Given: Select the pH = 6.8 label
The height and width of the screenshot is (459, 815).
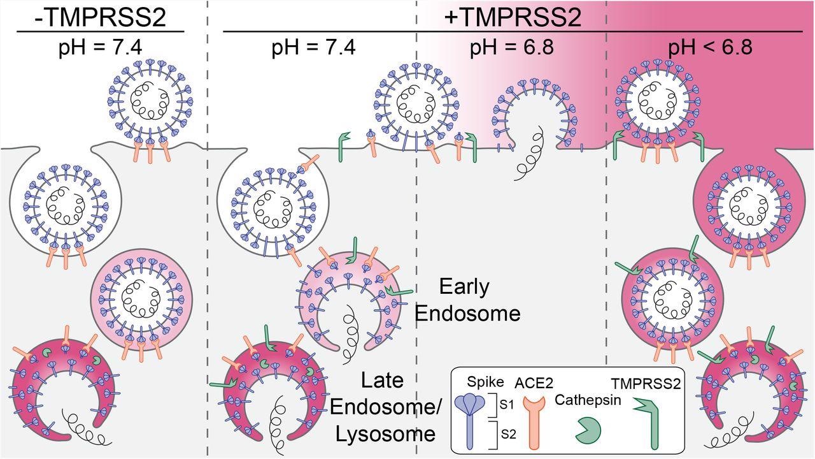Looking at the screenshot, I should click(x=511, y=48).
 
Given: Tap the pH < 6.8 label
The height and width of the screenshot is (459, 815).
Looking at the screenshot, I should click(x=709, y=48).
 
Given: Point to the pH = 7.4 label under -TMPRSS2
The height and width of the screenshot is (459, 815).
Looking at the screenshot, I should click(x=100, y=48).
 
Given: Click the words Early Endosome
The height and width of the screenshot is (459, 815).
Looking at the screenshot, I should click(x=479, y=300).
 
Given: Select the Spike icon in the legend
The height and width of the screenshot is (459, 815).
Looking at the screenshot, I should click(x=472, y=414).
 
